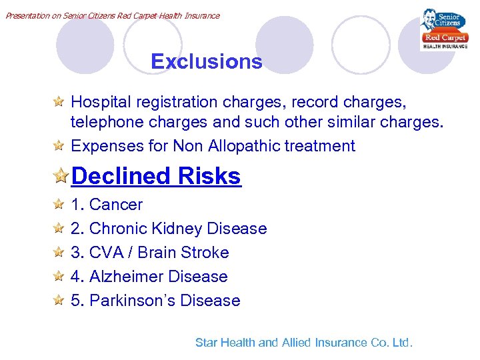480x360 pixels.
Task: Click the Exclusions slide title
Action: click(207, 61)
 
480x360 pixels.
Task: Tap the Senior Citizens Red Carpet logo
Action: click(443, 29)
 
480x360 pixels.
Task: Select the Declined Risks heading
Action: click(156, 176)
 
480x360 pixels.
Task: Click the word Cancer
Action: click(116, 205)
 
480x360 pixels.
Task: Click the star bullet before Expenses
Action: click(59, 146)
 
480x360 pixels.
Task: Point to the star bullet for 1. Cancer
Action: click(59, 205)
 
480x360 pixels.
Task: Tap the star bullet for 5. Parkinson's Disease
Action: click(59, 301)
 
